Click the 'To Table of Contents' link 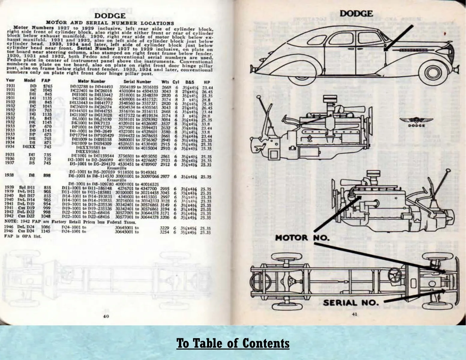coord(233,343)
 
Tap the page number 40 coord(106,316)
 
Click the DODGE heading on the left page coord(110,16)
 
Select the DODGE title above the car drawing coord(356,13)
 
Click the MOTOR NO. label coord(302,238)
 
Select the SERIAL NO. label coord(350,303)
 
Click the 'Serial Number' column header coord(137,82)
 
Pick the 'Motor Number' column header coord(92,81)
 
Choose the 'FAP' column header coord(46,81)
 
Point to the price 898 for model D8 coord(47,176)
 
